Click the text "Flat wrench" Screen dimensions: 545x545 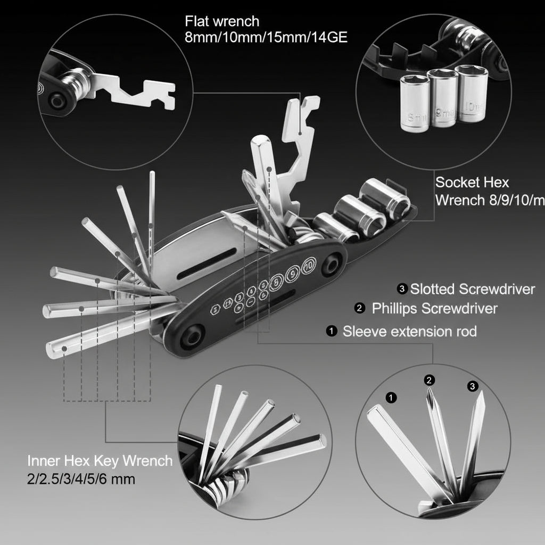[x=222, y=22]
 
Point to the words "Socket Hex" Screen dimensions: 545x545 [x=472, y=183]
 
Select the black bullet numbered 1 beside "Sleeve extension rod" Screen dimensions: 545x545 [x=332, y=332]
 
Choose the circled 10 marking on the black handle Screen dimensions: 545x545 [x=308, y=265]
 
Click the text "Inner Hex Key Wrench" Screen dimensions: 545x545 [x=100, y=460]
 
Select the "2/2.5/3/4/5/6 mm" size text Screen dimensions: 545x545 [x=81, y=479]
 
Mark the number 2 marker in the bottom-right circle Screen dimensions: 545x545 [x=430, y=380]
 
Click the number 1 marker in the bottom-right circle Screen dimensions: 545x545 [x=391, y=397]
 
